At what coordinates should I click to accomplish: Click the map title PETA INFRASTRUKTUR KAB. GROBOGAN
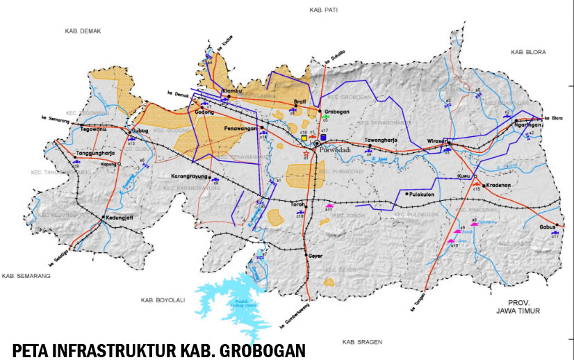158,349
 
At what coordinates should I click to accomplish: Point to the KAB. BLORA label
528,52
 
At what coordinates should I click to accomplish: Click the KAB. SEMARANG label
26,276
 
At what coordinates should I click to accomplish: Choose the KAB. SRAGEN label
359,343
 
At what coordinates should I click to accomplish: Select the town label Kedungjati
119,217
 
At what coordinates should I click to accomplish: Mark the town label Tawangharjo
381,140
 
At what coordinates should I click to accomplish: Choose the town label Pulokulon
425,195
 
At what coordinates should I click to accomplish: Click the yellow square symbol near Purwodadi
304,138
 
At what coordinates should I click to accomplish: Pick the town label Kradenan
498,186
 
